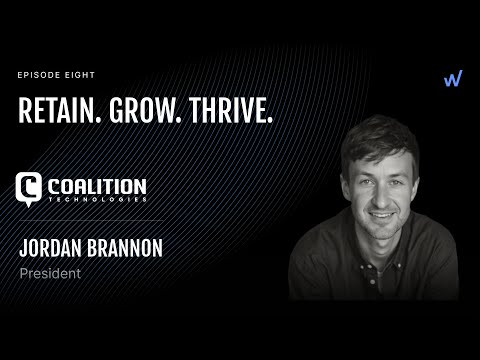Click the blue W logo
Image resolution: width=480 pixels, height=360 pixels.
pyautogui.click(x=452, y=79)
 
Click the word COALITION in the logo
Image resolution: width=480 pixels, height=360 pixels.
pyautogui.click(x=97, y=186)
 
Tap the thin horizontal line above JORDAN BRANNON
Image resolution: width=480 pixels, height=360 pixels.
pyautogui.click(x=90, y=220)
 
